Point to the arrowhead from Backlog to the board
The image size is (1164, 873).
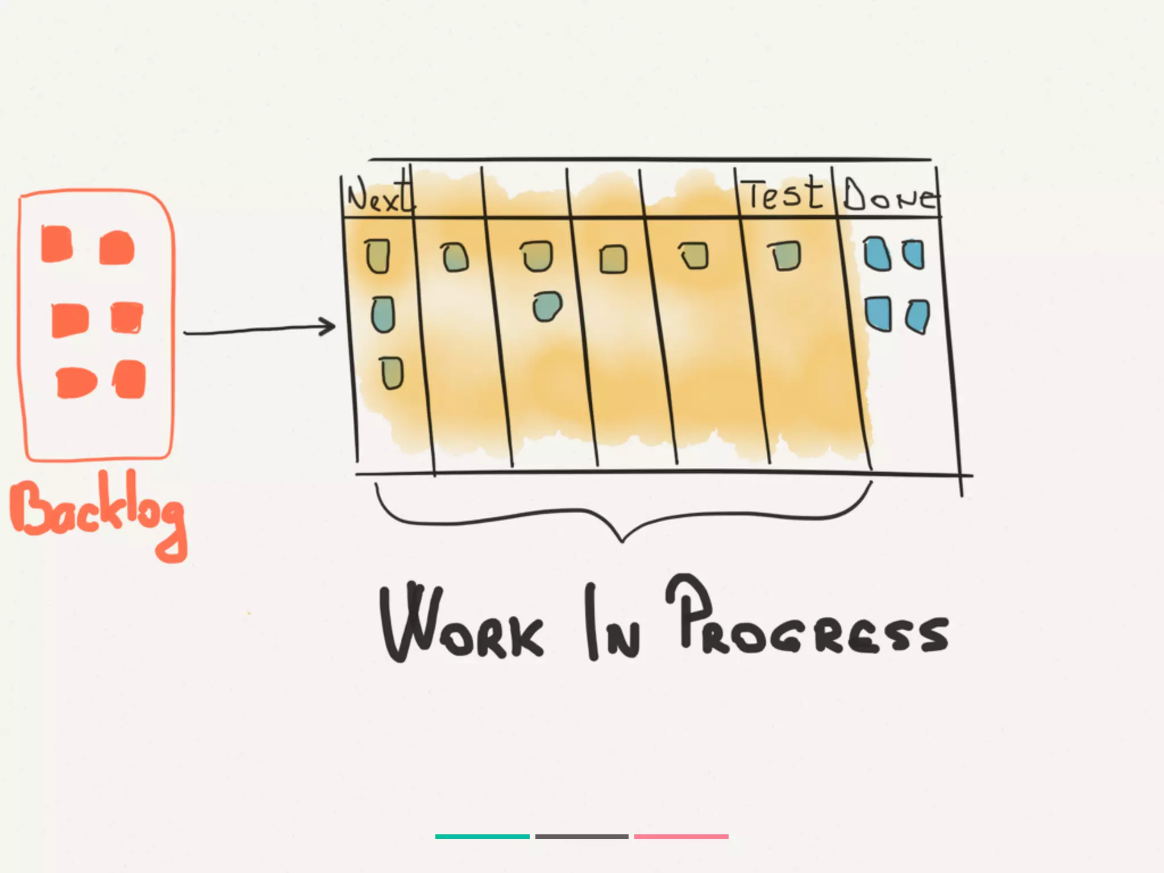330,327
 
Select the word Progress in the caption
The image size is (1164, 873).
807,622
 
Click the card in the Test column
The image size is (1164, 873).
785,256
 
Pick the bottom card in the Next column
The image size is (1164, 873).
392,373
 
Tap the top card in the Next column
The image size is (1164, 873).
378,256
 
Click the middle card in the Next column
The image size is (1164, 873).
383,314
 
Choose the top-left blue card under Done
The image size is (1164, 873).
877,254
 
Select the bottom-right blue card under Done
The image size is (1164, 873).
917,317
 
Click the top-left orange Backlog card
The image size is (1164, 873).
57,244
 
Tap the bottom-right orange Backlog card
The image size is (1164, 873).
130,379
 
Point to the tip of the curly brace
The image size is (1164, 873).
622,541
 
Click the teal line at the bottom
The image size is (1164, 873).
482,837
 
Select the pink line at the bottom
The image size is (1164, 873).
681,837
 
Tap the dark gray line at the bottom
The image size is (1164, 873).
581,837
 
